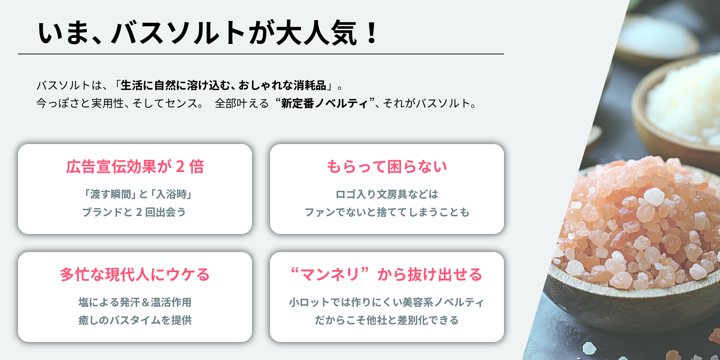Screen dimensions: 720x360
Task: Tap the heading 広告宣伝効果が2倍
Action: (135, 167)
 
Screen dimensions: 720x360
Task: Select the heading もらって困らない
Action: (387, 167)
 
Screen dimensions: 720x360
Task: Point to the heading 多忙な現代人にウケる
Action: (135, 275)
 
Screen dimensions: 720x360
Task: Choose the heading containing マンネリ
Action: (387, 275)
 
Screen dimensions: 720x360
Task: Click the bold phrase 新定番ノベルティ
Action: (325, 104)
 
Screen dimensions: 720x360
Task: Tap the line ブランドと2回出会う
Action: (134, 212)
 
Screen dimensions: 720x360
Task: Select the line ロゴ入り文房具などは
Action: (387, 194)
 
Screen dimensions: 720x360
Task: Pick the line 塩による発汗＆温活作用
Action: (135, 302)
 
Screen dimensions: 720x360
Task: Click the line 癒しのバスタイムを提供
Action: (135, 320)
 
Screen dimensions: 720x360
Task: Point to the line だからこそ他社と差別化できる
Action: (387, 320)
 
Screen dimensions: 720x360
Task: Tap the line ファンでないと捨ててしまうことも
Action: (387, 212)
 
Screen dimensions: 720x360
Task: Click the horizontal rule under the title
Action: (261, 54)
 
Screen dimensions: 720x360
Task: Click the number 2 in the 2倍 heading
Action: (180, 167)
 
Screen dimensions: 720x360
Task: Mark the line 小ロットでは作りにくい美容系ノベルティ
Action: (387, 302)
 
